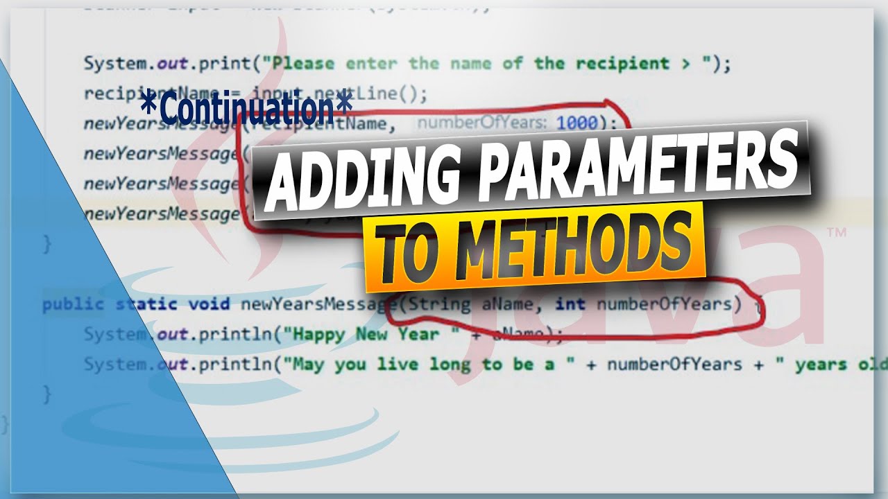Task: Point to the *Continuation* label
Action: point(246,109)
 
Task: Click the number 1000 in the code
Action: point(577,123)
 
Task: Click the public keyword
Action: point(73,304)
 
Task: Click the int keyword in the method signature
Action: point(570,304)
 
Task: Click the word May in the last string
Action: point(309,365)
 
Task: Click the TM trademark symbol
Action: point(836,235)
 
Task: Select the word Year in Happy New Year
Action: point(419,334)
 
